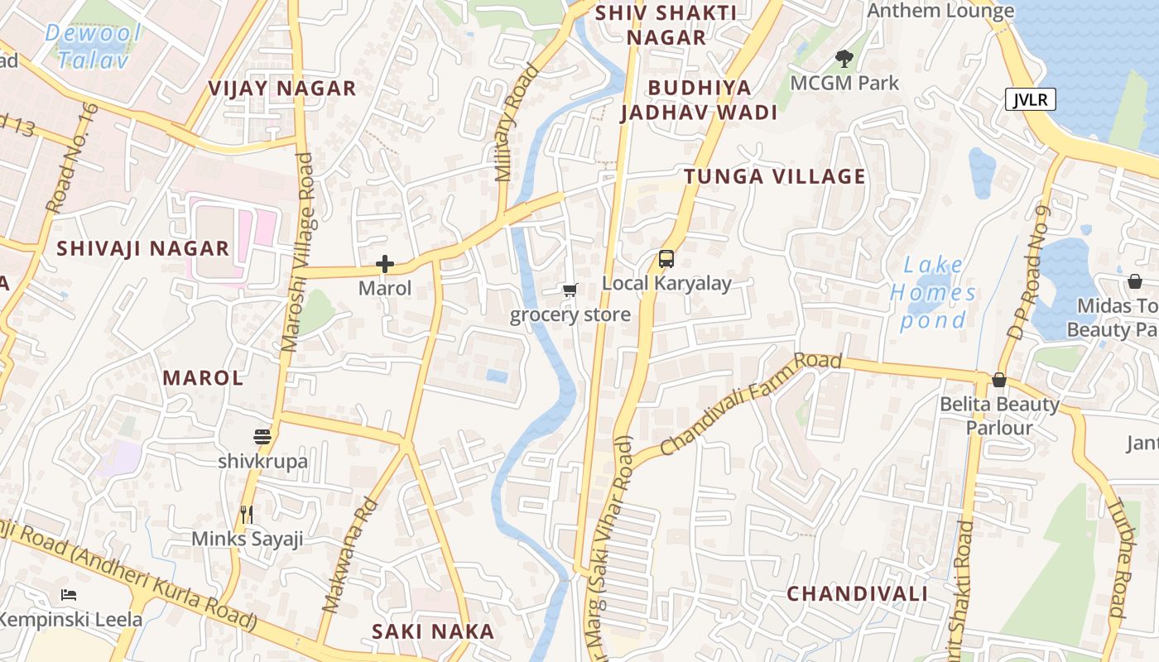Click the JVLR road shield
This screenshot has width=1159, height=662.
click(x=1031, y=100)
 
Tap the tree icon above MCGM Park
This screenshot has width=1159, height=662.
click(x=844, y=59)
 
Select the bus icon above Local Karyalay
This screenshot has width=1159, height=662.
click(x=666, y=259)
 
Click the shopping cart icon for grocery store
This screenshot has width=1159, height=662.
click(x=570, y=290)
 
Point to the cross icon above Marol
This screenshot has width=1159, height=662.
click(x=385, y=265)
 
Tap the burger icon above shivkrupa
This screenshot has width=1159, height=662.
click(x=262, y=437)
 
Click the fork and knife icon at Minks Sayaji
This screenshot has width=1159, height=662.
click(x=247, y=515)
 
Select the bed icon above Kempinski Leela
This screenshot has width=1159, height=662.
click(x=69, y=595)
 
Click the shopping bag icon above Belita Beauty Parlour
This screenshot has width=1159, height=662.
click(x=999, y=380)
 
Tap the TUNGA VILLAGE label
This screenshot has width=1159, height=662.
click(x=774, y=176)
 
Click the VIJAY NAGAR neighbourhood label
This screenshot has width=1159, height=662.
click(x=281, y=89)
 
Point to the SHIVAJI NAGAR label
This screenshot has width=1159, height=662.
click(x=142, y=248)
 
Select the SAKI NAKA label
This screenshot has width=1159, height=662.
click(x=432, y=631)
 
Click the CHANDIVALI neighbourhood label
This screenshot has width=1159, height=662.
click(x=857, y=594)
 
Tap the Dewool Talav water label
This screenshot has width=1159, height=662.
click(x=93, y=46)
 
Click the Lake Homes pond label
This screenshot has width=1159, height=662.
click(x=933, y=292)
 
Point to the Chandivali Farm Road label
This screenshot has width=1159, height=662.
click(x=751, y=403)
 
